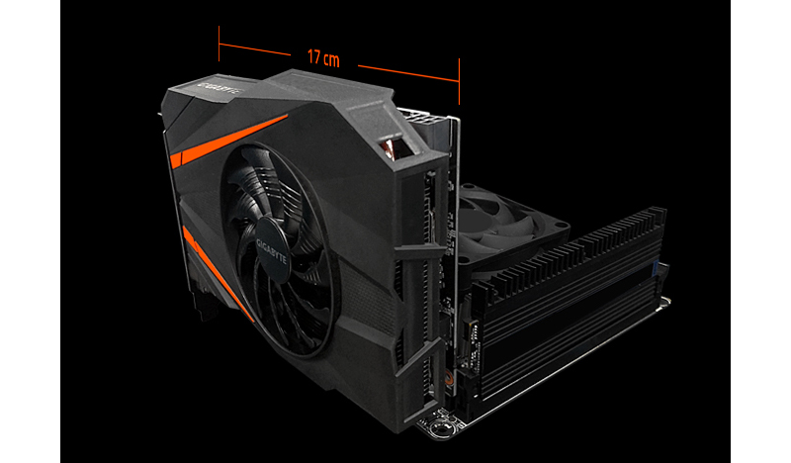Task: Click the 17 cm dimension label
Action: tap(323, 58)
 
